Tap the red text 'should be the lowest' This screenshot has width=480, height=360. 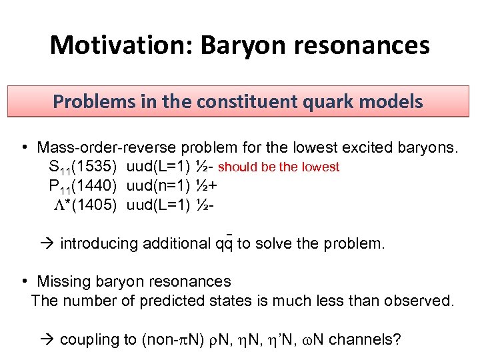click(279, 167)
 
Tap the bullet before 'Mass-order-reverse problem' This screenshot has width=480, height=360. click(23, 147)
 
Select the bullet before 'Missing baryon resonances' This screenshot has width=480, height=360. click(23, 282)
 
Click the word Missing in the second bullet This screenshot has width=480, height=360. click(63, 282)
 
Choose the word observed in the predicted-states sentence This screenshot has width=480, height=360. click(421, 301)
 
